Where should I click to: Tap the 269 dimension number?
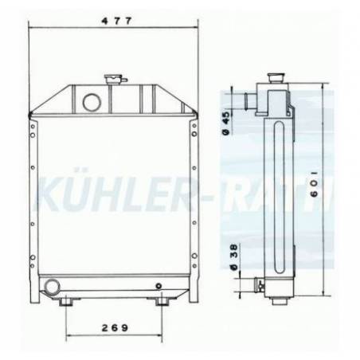pos(116,328)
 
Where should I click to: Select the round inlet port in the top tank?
pos(90,102)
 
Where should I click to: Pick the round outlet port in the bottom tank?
pos(53,285)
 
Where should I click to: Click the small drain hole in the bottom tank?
pos(158,286)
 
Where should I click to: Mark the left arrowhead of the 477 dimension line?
pos(32,23)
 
